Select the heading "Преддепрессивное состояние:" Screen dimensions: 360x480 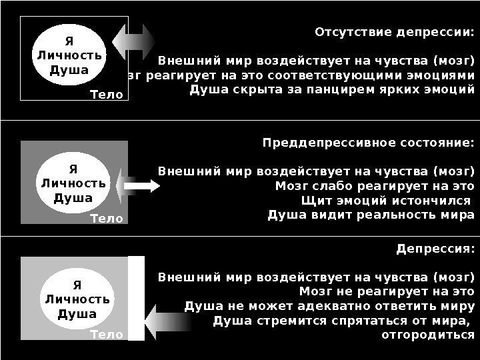click(x=369, y=143)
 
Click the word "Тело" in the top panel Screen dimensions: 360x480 click(x=107, y=95)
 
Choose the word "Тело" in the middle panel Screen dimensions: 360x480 click(x=107, y=218)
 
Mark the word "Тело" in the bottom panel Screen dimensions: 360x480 click(x=107, y=335)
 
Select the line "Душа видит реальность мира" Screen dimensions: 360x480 click(x=371, y=215)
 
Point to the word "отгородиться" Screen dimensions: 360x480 click(x=427, y=335)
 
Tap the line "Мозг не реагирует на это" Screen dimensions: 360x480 click(x=387, y=291)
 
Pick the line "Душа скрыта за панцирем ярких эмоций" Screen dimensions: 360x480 click(x=332, y=89)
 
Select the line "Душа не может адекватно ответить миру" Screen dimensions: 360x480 click(x=329, y=306)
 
